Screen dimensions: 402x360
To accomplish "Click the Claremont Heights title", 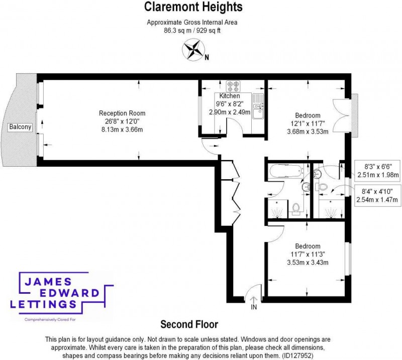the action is click(193, 7).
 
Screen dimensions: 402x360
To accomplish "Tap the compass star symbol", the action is click(193, 50).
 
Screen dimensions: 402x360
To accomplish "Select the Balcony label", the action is click(20, 127).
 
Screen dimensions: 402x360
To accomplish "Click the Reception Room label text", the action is click(122, 113).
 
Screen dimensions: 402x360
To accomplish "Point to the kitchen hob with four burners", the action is click(233, 86).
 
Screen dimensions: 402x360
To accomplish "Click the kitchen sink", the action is click(258, 106).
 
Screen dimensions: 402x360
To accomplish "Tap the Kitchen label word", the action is click(230, 96).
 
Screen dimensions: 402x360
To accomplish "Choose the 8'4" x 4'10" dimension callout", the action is click(377, 195).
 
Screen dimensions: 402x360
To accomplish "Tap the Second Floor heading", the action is click(189, 324).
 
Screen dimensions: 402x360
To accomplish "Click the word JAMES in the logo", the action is click(48, 282).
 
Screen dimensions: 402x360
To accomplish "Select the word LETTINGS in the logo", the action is click(43, 304).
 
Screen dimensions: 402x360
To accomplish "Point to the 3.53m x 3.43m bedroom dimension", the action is click(308, 263).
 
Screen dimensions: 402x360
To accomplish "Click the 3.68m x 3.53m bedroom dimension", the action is click(308, 132).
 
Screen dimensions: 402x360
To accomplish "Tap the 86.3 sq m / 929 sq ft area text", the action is click(192, 31).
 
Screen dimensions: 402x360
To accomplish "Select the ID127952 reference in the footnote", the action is click(297, 355).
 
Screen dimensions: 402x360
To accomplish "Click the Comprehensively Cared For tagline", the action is click(50, 319).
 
